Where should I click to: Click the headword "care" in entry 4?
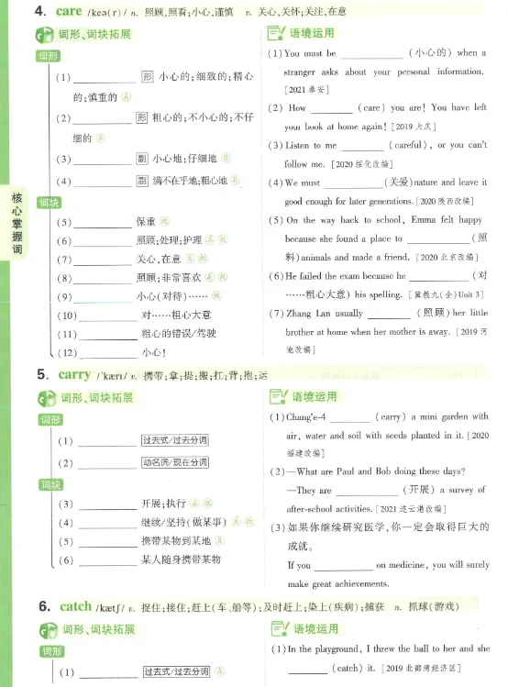coord(69,11)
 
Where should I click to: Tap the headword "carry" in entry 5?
coord(74,374)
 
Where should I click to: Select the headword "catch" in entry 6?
coord(75,606)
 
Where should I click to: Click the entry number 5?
coord(42,375)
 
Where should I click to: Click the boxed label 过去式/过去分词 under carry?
coord(175,439)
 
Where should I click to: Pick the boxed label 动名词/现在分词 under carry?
coord(175,462)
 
